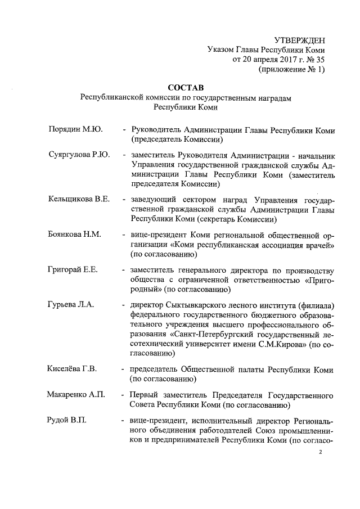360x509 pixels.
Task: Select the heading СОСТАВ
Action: [x=185, y=88]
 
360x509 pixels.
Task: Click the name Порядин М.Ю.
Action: [x=75, y=130]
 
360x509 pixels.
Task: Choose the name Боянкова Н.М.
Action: [x=75, y=235]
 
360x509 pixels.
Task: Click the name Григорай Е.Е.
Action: [x=73, y=269]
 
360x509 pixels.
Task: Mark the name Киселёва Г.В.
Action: [x=73, y=370]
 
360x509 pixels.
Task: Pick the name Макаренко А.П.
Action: [x=76, y=395]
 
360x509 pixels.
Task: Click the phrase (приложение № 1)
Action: [x=291, y=70]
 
